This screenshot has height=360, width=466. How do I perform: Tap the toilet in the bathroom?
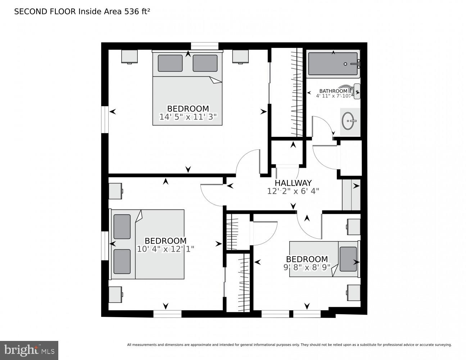[354, 91]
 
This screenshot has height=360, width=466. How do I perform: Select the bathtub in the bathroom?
[333, 64]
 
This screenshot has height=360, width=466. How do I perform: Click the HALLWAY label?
[293, 183]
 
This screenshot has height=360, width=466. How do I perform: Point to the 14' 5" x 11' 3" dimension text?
[188, 117]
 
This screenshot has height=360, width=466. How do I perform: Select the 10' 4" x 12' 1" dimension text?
[166, 249]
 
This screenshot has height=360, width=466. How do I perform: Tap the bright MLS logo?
[29, 350]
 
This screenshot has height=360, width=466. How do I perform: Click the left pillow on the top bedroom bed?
[170, 63]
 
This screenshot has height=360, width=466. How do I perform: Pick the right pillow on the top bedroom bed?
[205, 63]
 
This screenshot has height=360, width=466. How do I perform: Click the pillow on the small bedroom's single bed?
[348, 259]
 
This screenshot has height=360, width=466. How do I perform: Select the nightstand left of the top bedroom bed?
[130, 57]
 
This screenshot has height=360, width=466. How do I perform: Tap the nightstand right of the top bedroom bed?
[240, 57]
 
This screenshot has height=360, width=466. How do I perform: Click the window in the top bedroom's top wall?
[204, 46]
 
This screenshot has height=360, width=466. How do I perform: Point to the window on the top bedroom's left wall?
[105, 120]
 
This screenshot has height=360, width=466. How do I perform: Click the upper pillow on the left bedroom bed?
[122, 226]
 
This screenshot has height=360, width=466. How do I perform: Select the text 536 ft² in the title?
[137, 12]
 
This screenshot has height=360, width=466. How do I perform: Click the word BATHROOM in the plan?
[333, 91]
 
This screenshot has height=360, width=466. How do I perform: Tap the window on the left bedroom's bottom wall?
[167, 314]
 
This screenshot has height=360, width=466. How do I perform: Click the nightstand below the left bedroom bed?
[115, 294]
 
